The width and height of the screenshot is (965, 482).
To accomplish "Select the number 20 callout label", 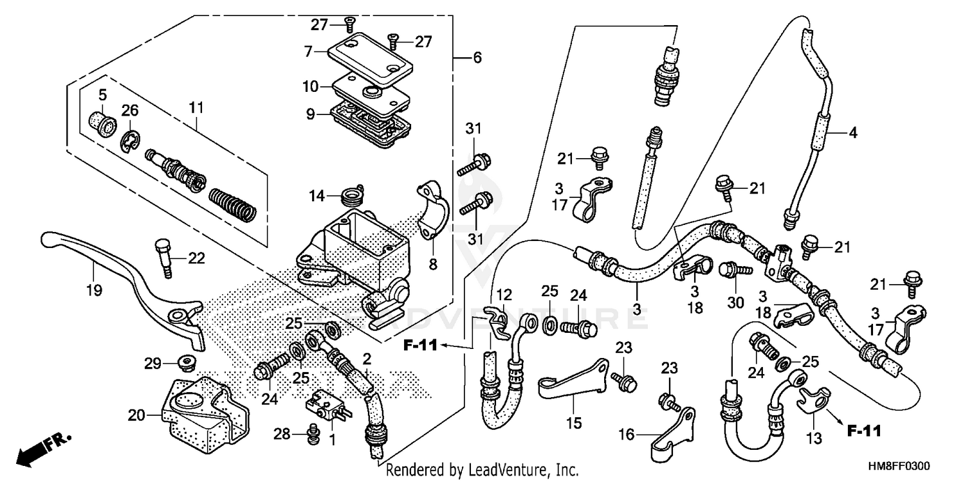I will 135,416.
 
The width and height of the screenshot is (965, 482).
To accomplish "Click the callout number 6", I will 477,58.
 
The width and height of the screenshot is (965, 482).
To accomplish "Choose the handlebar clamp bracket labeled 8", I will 427,211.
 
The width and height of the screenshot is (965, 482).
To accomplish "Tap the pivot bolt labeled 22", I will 163,257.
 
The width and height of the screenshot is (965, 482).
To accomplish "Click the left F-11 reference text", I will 420,346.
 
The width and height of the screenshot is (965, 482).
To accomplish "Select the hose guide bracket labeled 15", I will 574,382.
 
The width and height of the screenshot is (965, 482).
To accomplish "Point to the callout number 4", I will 852,134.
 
